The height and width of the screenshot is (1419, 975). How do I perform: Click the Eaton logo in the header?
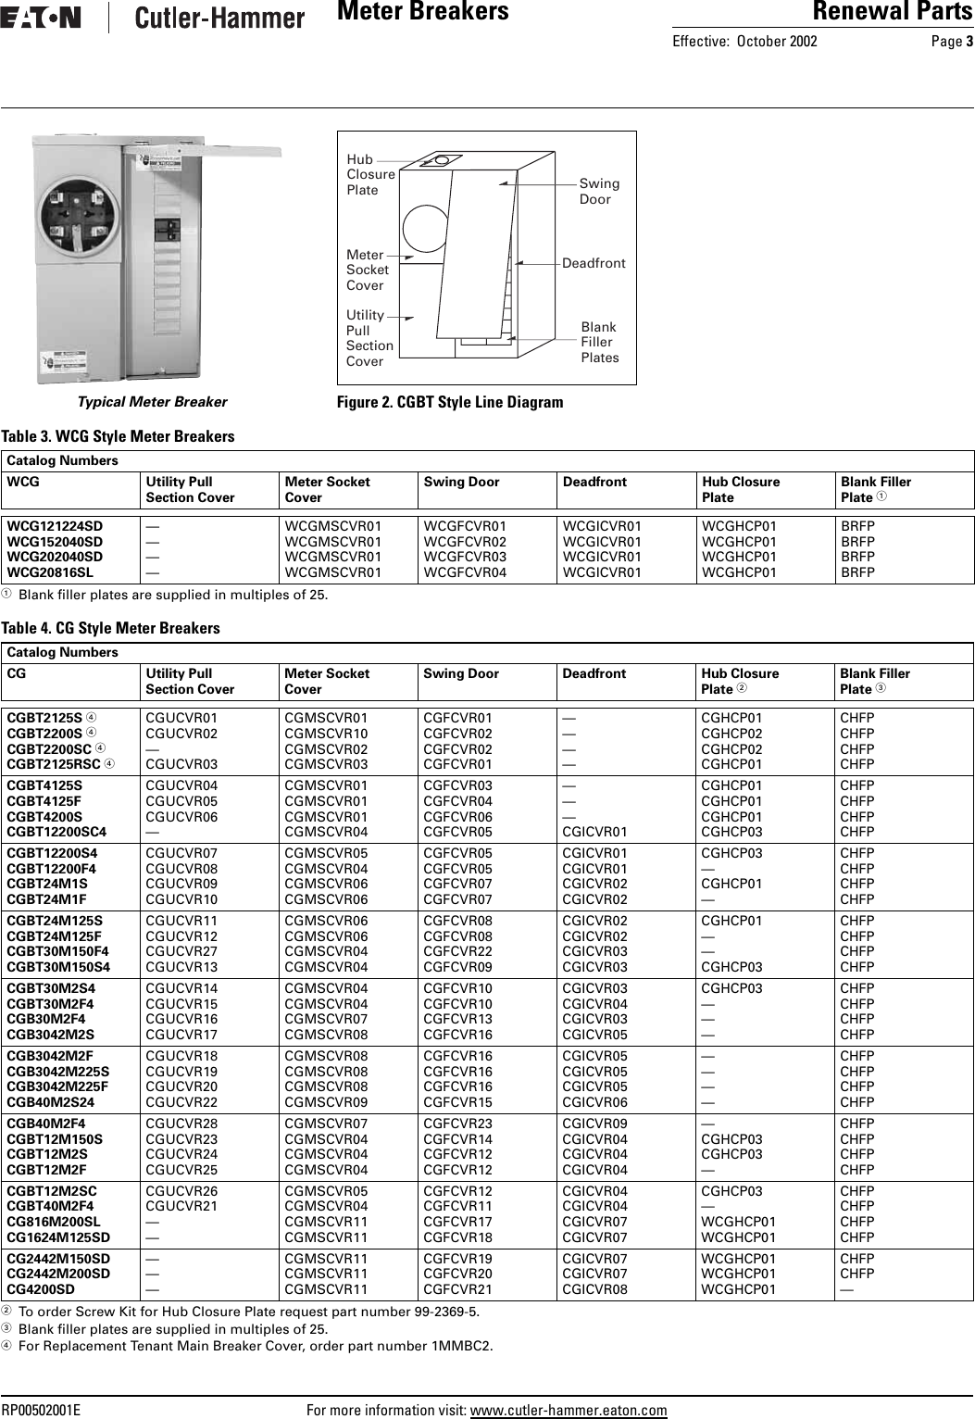point(41,18)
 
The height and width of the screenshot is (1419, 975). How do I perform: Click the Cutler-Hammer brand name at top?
point(219,18)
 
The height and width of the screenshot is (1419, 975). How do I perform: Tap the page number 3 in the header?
point(969,41)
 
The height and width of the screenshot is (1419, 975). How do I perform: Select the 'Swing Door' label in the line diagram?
point(599,192)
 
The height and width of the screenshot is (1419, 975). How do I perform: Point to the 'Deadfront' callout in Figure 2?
point(594,264)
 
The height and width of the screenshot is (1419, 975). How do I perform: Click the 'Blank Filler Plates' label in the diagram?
point(599,343)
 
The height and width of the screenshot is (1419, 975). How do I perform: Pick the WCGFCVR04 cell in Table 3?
point(465,572)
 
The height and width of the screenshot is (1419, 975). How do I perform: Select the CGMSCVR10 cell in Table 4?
point(325,733)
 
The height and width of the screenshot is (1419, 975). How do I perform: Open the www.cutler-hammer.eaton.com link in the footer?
point(569,1411)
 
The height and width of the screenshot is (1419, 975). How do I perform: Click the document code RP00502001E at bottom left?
point(42,1411)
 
